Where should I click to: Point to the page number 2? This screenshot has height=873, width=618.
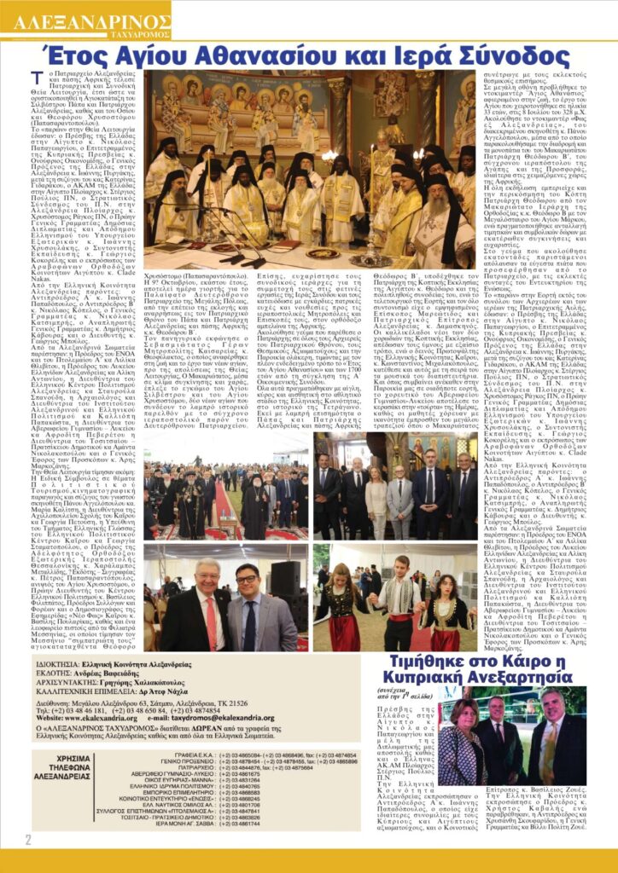(26, 841)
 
